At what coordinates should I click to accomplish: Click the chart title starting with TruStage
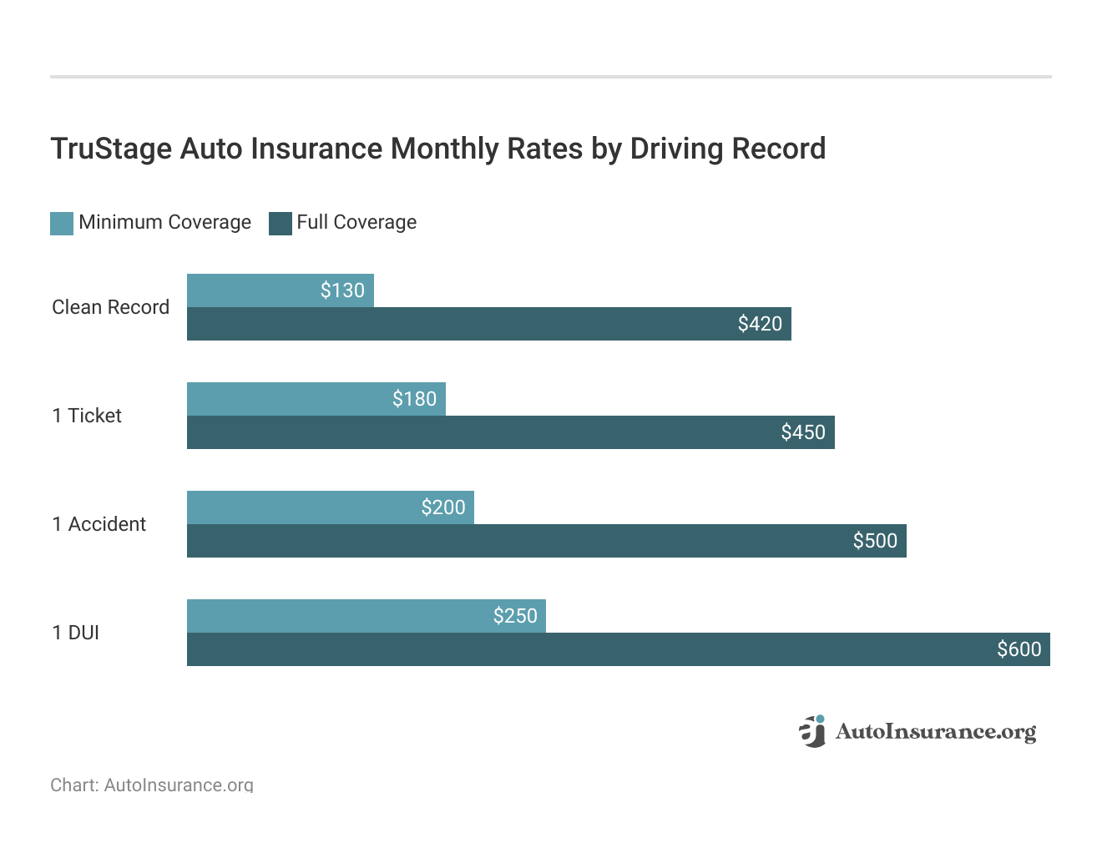point(437,149)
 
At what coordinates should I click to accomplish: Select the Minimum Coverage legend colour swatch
point(62,223)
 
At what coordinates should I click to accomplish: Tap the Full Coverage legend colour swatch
point(281,223)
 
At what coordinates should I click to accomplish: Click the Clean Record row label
point(110,307)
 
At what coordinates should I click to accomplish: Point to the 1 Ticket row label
point(87,416)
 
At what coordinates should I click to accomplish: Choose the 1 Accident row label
point(99,524)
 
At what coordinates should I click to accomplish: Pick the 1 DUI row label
point(75,633)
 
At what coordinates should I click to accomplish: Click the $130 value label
point(342,290)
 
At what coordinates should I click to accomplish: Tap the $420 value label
point(760,324)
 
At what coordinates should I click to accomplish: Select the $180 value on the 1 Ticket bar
point(414,399)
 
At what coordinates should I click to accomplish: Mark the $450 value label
point(803,432)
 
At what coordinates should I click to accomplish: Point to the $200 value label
point(442,507)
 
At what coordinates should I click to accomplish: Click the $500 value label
point(875,541)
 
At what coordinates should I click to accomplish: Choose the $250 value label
point(515,616)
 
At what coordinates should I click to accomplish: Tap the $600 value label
point(1019,649)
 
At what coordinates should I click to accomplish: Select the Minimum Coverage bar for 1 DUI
point(334,616)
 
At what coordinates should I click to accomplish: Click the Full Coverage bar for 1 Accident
point(501,541)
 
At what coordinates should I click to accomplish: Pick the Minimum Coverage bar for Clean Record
point(250,290)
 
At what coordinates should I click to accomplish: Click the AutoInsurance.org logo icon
point(812,731)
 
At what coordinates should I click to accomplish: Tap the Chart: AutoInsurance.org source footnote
point(151,785)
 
